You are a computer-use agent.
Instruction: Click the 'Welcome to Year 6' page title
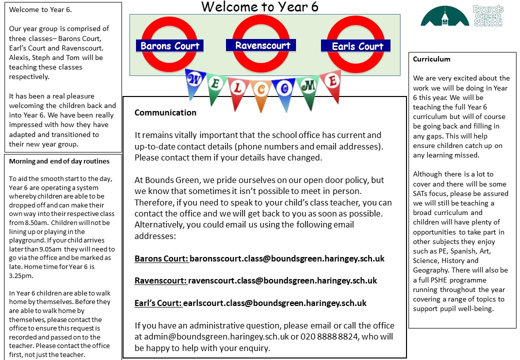pyautogui.click(x=259, y=7)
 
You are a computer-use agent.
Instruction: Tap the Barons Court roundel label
pyautogui.click(x=169, y=46)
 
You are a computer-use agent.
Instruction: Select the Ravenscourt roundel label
pyautogui.click(x=262, y=45)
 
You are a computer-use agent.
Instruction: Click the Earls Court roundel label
pyautogui.click(x=357, y=46)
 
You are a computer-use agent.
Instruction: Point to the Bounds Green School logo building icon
pyautogui.click(x=445, y=17)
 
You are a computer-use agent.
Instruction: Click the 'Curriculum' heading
pyautogui.click(x=431, y=59)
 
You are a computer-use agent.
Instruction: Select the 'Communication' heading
pyautogui.click(x=165, y=112)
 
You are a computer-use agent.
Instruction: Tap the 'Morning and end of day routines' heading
pyautogui.click(x=59, y=161)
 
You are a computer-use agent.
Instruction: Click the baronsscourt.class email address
pyautogui.click(x=286, y=258)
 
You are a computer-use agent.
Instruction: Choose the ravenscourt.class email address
pyautogui.click(x=282, y=280)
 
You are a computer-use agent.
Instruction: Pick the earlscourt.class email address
pyautogui.click(x=274, y=303)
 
